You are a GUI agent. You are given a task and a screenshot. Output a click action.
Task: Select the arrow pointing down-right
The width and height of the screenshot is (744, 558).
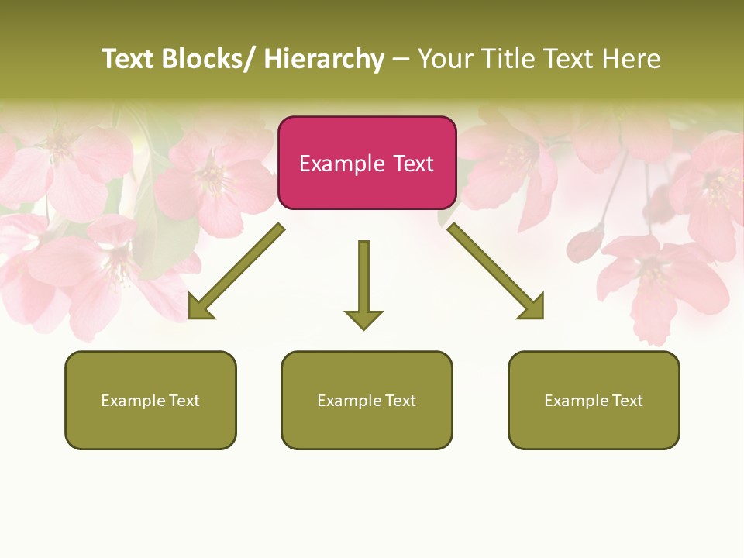[496, 272]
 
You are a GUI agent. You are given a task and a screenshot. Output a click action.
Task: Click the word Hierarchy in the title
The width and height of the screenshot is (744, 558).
[324, 59]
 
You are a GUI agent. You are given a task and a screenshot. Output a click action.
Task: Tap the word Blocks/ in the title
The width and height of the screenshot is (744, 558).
[208, 59]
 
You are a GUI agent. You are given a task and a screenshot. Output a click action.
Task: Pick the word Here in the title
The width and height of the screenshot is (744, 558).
[632, 59]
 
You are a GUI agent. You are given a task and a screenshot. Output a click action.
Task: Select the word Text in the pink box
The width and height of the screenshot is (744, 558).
[413, 164]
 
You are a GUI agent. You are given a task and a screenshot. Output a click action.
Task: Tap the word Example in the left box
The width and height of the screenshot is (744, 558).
[133, 401]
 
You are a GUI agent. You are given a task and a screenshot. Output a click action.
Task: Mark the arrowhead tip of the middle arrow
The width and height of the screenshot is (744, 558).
[363, 328]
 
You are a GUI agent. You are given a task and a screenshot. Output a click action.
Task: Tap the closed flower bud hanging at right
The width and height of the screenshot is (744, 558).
[584, 244]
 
